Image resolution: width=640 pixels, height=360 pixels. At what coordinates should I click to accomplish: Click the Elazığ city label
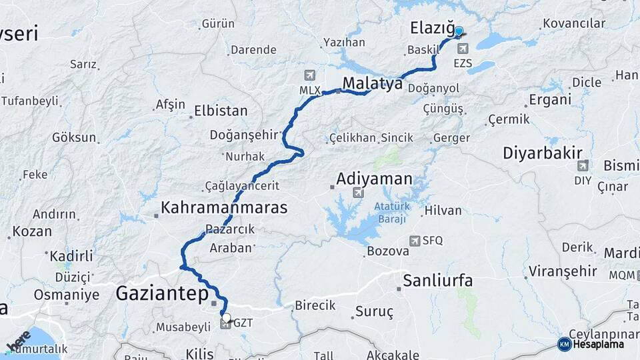point(431,28)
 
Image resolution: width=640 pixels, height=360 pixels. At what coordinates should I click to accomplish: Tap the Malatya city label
point(373,83)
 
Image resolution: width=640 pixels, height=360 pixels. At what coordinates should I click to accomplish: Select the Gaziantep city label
point(162,293)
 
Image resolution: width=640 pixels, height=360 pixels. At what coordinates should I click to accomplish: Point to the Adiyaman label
point(374,179)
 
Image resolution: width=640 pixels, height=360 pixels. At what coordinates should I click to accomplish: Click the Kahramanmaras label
point(224,207)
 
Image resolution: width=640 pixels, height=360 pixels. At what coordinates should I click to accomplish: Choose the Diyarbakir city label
point(543,153)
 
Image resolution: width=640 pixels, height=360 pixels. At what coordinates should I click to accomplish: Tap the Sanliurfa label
point(437,280)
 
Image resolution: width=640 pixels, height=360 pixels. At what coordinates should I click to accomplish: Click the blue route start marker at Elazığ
point(459,31)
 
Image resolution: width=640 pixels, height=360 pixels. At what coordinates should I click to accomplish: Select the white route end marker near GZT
point(227,317)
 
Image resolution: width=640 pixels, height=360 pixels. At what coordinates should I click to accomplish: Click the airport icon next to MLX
point(309,75)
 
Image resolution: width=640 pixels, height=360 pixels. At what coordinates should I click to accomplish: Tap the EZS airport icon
point(463,48)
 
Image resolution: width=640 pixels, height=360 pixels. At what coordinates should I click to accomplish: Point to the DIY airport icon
point(583,165)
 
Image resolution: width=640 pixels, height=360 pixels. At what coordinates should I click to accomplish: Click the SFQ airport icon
point(415,241)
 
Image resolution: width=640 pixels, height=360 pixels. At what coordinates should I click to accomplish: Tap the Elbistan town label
point(221,111)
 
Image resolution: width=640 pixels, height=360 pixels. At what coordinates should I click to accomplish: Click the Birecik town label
point(315,305)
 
